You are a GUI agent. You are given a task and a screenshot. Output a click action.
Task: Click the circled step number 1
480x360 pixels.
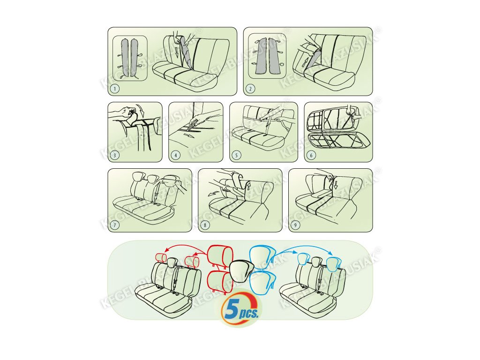[114, 89]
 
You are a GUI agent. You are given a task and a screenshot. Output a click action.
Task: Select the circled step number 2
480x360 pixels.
[250, 89]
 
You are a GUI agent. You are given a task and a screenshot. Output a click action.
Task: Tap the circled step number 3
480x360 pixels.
[114, 155]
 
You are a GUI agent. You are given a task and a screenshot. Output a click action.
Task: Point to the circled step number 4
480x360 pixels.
[175, 155]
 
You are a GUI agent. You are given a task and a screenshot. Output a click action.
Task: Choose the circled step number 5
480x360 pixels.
[236, 155]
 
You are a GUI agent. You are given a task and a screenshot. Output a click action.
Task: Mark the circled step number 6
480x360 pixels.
[311, 155]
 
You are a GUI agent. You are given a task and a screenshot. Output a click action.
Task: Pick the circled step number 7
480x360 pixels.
[114, 225]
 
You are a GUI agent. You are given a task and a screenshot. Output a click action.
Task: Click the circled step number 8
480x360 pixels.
[205, 225]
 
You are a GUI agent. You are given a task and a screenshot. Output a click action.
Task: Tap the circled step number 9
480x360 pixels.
[295, 225]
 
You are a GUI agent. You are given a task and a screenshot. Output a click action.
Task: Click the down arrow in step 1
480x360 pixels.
[177, 53]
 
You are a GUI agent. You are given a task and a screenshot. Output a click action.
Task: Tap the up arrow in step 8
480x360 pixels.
[248, 186]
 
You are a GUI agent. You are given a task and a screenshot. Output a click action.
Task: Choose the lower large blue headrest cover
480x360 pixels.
[262, 281]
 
